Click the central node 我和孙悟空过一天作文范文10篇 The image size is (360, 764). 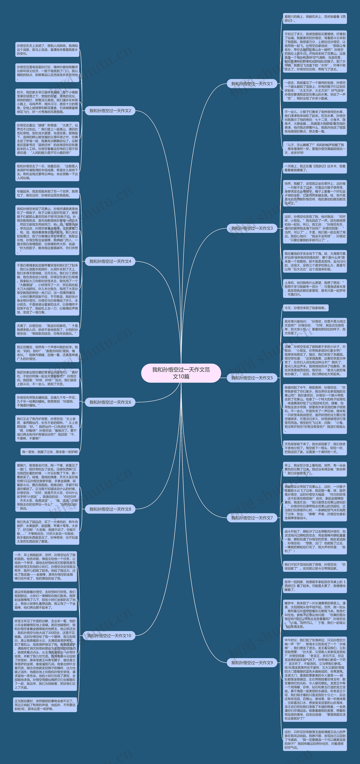pyautogui.click(x=181, y=373)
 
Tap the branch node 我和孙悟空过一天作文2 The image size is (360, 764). pyautogui.click(x=110, y=111)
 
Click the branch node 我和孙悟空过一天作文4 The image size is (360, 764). pyautogui.click(x=110, y=261)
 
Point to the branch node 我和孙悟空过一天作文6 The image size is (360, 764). pyautogui.click(x=110, y=402)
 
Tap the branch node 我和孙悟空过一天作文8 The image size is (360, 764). pyautogui.click(x=110, y=509)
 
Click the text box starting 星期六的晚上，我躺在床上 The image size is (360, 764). pyautogui.click(x=315, y=18)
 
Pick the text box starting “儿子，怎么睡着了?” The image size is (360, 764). pyautogui.click(x=315, y=149)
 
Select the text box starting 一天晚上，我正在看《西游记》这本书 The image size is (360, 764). pyautogui.click(x=315, y=168)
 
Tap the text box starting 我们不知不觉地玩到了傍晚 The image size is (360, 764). pyautogui.click(x=315, y=566)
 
